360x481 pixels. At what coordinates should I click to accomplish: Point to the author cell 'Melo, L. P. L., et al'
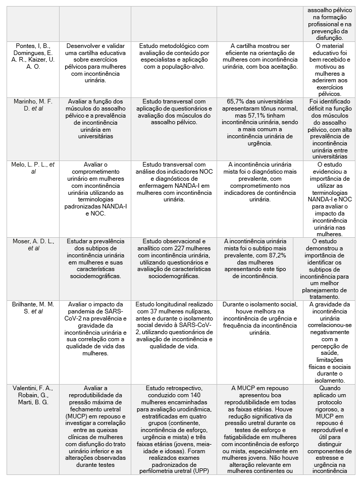(x=33, y=168)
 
